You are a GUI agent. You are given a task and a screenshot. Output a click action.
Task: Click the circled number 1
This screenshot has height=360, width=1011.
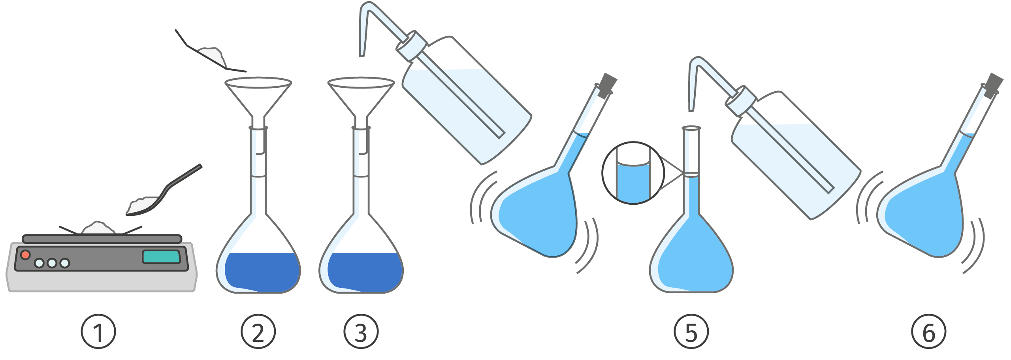point(98,331)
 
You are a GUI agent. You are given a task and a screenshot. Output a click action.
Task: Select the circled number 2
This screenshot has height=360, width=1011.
point(258,331)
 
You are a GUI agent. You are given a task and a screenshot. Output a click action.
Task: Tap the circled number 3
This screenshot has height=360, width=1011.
point(361,331)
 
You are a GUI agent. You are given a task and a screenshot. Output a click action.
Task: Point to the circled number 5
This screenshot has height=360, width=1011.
point(691,331)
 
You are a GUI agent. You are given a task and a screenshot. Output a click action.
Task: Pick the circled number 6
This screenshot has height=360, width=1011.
point(928,331)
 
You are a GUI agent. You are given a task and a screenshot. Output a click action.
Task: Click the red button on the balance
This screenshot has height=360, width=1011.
point(25,255)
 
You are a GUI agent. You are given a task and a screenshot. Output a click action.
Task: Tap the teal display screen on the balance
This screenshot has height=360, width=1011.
point(161,257)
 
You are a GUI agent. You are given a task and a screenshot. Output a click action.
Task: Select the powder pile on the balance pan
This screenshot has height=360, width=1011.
point(98,228)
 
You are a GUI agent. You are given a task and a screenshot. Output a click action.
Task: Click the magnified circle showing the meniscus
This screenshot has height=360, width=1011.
point(633,173)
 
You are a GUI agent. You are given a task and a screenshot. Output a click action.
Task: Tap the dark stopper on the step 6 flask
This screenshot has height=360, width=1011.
point(993,85)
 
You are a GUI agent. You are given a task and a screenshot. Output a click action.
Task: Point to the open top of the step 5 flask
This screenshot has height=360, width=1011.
point(691,128)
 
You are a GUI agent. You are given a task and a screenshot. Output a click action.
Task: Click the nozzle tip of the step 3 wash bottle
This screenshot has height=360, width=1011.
point(361,55)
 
